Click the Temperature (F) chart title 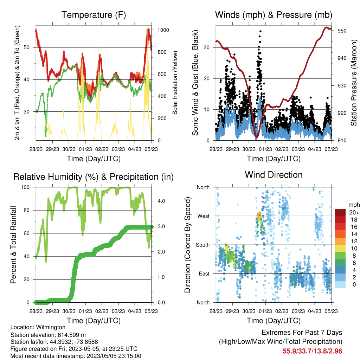coord(94,15)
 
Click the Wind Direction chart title coord(274,175)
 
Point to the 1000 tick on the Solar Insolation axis coord(163,30)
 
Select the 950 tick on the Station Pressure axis coord(342,31)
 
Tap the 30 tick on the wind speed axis coord(207,47)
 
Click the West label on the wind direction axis coord(204,216)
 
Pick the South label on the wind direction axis coord(203,245)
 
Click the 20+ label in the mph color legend coord(354,212)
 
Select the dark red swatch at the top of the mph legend coord(340,212)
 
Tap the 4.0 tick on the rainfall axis coord(161,201)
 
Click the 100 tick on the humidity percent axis coord(25,187)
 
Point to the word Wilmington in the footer coord(51,327)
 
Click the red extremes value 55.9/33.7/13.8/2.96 coord(312,351)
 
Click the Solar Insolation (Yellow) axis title coord(175,83)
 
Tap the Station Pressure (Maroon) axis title coord(354,83)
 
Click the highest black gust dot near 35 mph coord(261,31)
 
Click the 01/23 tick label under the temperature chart coord(85,149)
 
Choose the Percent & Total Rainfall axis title coord(13,245)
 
